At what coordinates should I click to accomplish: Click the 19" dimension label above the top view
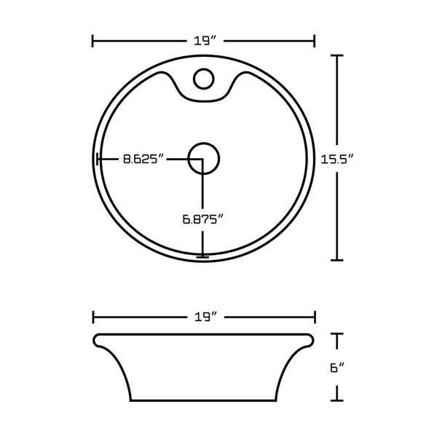click(203, 41)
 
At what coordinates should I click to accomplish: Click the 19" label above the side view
click(204, 317)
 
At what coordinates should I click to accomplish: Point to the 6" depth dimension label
click(336, 368)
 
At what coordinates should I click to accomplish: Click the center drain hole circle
click(203, 158)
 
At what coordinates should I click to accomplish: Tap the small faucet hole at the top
click(204, 76)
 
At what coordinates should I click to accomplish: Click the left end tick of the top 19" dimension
click(93, 41)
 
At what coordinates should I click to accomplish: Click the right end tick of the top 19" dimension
click(314, 41)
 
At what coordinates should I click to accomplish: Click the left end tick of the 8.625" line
click(98, 158)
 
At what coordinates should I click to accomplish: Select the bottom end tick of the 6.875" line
click(202, 256)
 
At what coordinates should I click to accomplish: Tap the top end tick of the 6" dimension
click(337, 334)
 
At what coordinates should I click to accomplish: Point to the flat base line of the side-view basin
click(204, 400)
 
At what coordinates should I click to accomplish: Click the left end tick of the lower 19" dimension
click(93, 317)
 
